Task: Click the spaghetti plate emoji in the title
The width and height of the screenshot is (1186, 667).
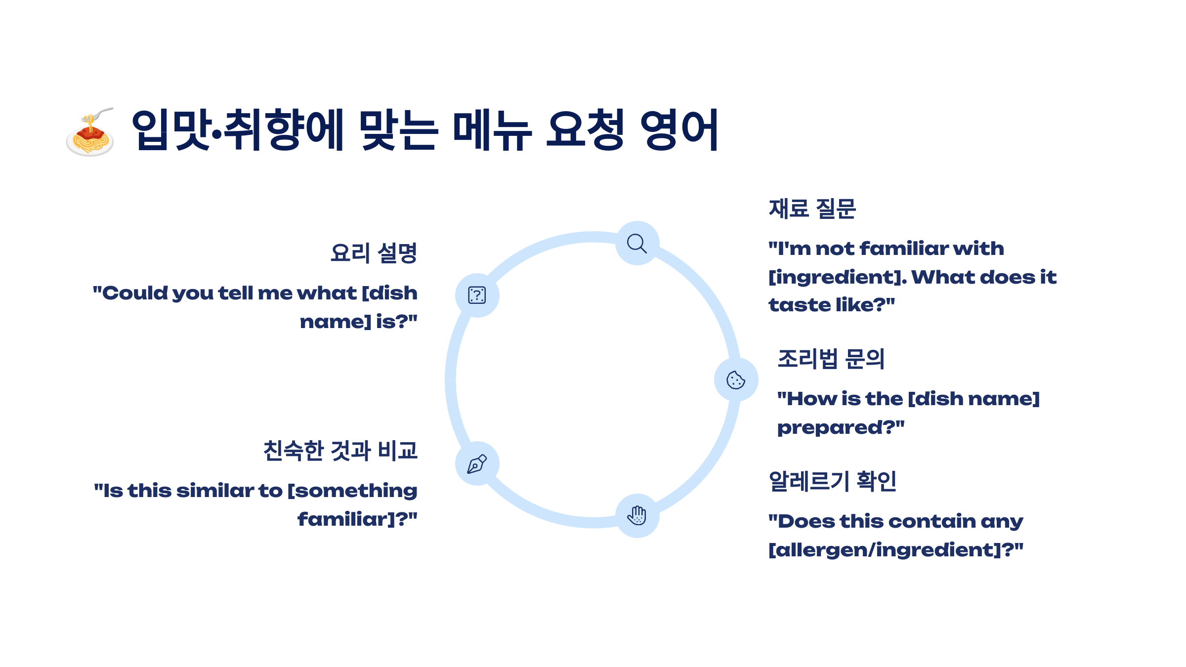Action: point(90,132)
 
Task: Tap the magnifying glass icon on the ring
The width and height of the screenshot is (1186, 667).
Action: point(636,243)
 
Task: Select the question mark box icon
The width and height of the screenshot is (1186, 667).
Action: point(477,295)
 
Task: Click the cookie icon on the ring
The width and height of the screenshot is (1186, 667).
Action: point(735,380)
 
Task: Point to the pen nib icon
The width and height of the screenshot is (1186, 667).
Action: point(477,464)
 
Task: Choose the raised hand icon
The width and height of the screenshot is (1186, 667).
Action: point(637,515)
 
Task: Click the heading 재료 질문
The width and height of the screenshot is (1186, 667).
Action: point(812,208)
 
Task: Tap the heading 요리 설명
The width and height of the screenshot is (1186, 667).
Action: point(374,253)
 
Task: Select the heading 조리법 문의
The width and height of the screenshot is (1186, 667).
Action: point(831,359)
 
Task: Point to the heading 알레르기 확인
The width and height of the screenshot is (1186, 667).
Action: point(833,481)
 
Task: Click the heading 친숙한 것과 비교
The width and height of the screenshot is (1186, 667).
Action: point(340,451)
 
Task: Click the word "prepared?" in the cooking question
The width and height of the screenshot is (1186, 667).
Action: point(841,428)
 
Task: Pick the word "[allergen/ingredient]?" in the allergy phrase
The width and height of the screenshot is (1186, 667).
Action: point(896,550)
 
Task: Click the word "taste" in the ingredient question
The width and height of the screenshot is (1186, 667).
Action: point(797,305)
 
